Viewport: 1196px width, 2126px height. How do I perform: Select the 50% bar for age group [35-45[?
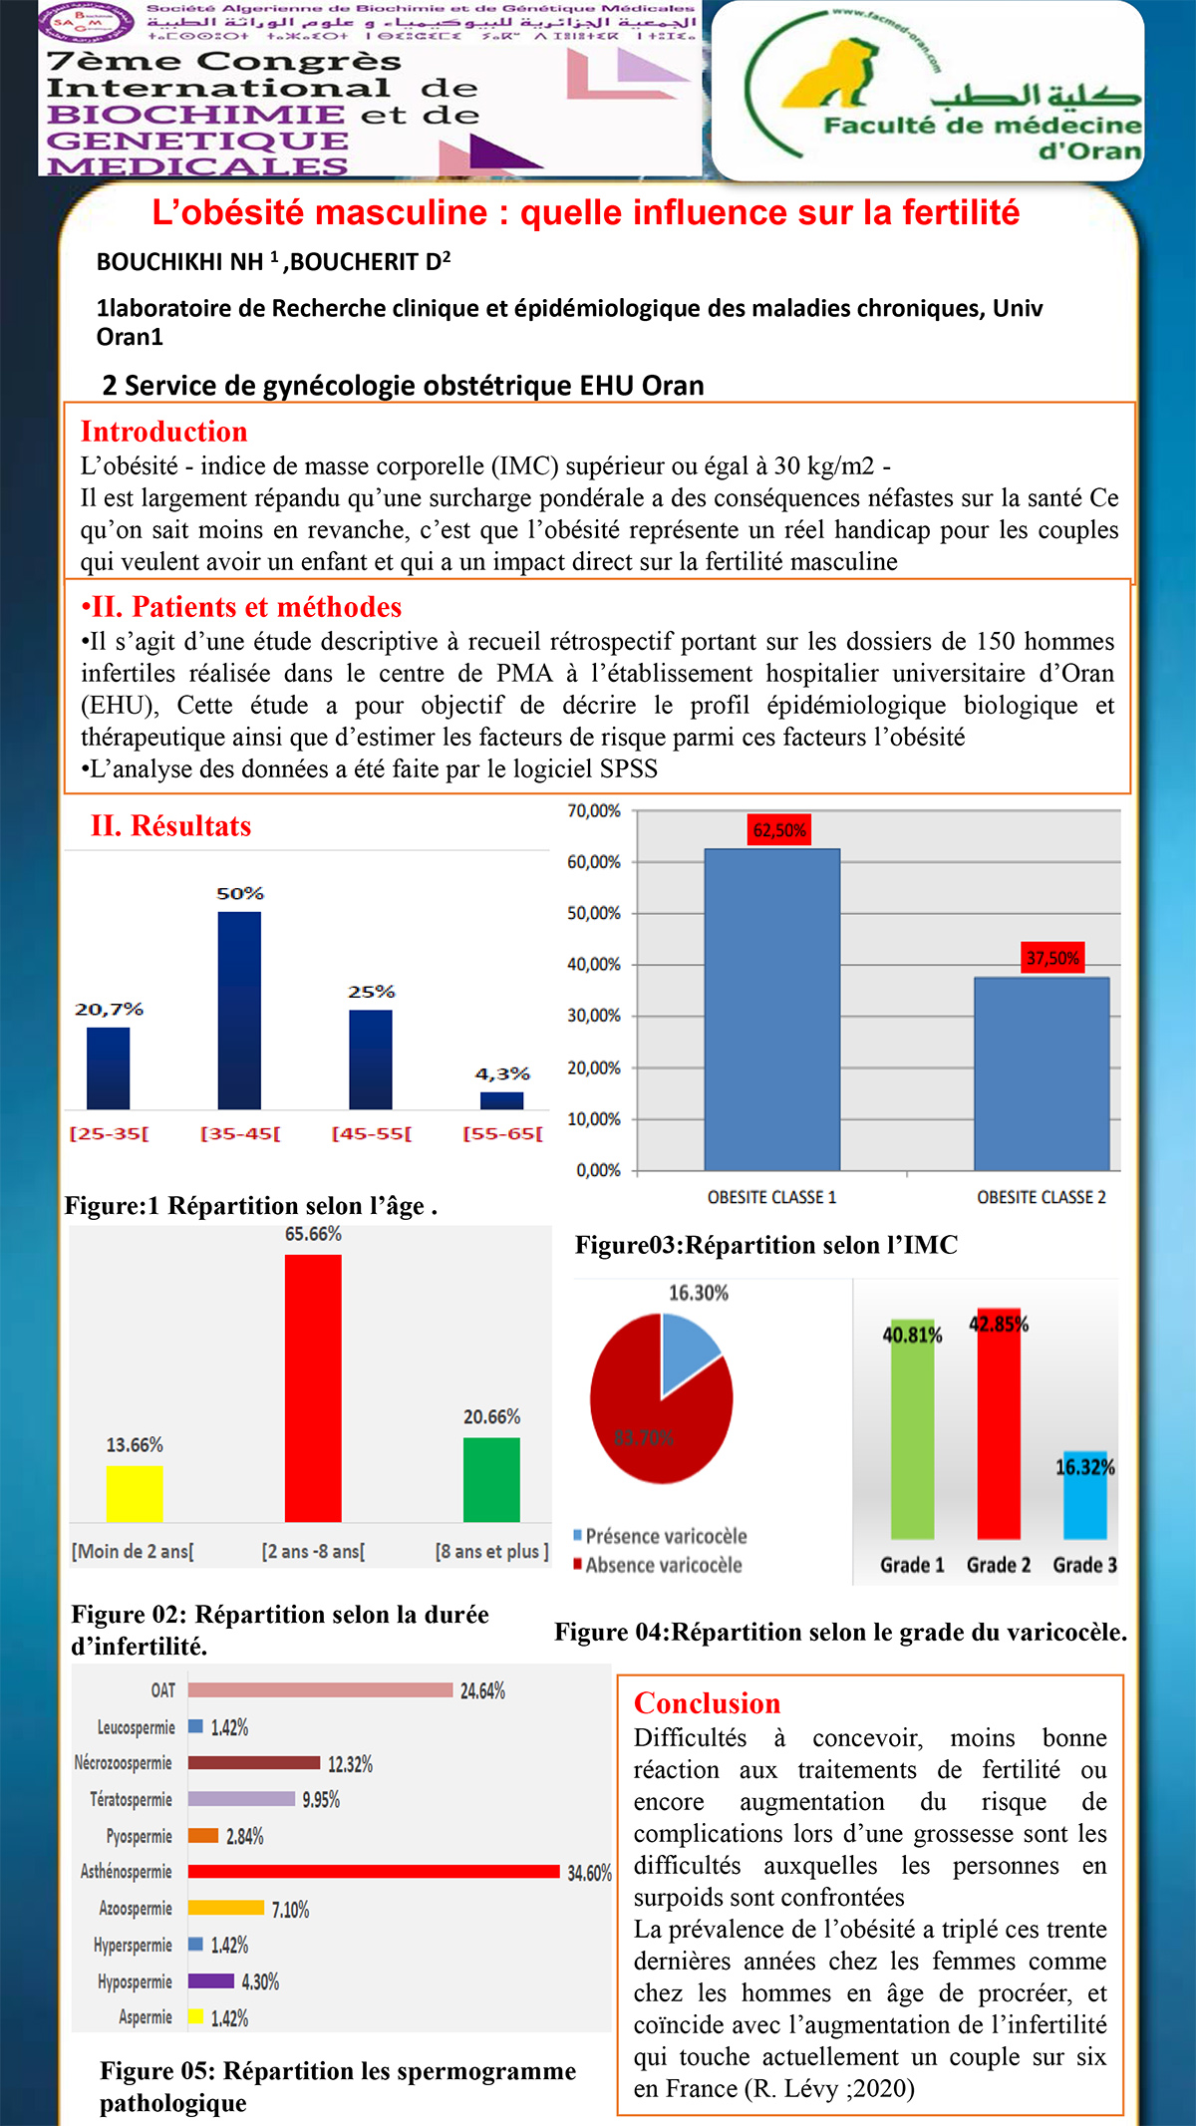coord(239,1010)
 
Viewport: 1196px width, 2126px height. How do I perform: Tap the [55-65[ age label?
coord(502,1134)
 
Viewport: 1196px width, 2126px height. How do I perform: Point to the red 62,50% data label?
coord(779,830)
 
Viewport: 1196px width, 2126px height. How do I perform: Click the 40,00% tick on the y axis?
coord(594,965)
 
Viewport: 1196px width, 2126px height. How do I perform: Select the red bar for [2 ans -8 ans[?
coord(313,1387)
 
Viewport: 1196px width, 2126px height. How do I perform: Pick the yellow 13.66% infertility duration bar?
coord(135,1493)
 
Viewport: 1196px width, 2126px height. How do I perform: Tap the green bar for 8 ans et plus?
coord(491,1479)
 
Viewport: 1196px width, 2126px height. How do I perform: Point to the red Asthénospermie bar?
coord(374,1871)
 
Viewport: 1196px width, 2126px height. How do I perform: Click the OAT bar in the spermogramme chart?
coord(320,1689)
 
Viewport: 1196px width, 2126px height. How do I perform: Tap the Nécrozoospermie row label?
coord(123,1763)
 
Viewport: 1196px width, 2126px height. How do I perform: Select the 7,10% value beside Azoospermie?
coord(290,1910)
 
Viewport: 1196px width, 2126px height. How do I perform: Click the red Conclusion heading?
coord(707,1703)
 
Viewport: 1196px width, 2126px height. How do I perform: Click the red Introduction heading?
coord(163,432)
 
